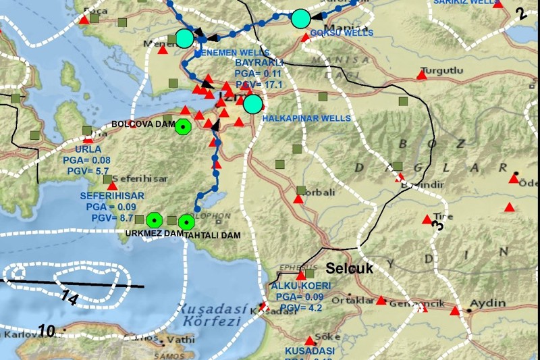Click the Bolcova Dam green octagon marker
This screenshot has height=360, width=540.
[x=183, y=127]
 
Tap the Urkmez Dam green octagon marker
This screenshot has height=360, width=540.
[x=155, y=220]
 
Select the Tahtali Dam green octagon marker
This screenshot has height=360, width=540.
[x=187, y=220]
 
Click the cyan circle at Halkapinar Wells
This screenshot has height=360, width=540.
[x=252, y=104]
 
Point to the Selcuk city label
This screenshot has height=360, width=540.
[x=350, y=268]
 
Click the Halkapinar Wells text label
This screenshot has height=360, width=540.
[x=306, y=118]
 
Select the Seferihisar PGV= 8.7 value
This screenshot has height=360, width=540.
[x=112, y=218]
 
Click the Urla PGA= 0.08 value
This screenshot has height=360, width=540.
[x=92, y=160]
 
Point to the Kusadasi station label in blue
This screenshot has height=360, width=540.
[x=310, y=351]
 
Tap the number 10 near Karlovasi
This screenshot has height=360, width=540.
[x=46, y=331]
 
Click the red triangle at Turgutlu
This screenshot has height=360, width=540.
[x=422, y=75]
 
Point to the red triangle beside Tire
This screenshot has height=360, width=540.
[x=427, y=219]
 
